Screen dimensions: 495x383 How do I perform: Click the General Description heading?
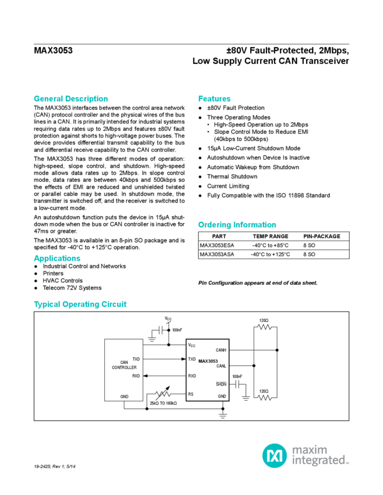pos(71,98)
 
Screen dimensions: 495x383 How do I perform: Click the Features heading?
pos(215,98)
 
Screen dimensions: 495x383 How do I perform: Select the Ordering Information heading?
pos(237,225)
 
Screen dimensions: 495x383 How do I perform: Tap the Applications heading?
pos(56,258)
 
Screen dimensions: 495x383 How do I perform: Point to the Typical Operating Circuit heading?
pos(80,304)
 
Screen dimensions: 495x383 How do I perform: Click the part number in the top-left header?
pos(53,50)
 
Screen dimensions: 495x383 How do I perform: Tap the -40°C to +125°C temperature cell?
pos(269,254)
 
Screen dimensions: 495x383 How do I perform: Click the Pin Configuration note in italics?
pos(258,283)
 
